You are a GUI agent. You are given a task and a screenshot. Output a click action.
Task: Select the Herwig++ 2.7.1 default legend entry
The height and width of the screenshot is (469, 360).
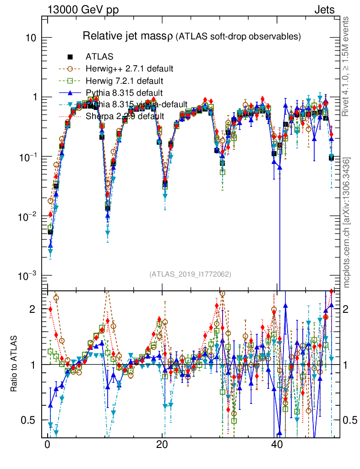(129, 69)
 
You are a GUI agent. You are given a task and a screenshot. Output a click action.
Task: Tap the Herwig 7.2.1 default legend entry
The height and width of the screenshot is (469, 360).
(124, 81)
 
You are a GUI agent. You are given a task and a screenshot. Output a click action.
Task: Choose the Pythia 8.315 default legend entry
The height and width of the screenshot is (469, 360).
(124, 93)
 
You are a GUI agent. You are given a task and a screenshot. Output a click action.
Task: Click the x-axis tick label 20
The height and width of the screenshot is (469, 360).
(162, 444)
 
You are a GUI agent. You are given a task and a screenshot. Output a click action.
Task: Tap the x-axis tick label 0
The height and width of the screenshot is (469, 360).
(48, 444)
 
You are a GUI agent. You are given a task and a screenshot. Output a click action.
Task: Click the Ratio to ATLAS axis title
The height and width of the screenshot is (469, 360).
(14, 364)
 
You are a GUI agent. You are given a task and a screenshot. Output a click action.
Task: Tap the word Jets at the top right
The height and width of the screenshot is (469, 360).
(324, 10)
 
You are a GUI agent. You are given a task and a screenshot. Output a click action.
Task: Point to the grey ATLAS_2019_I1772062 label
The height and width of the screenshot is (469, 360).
(190, 274)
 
